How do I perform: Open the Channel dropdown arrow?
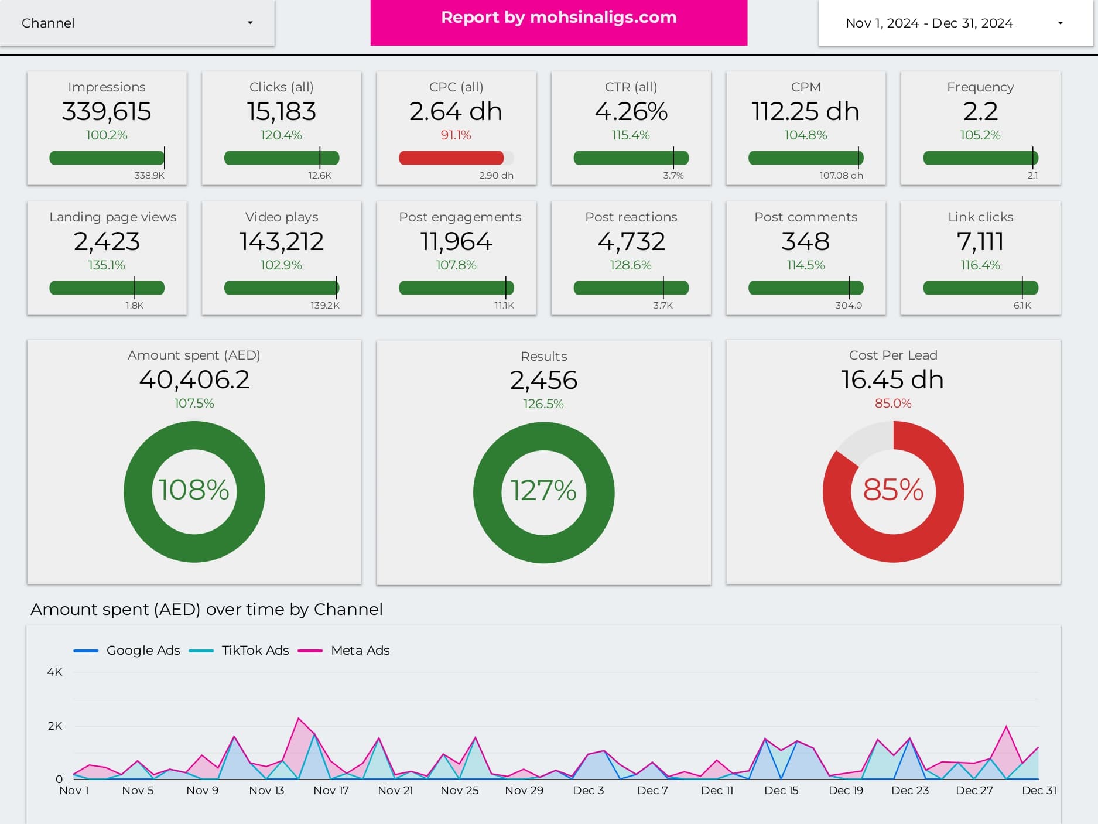click(250, 23)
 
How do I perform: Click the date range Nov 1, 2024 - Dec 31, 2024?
click(929, 23)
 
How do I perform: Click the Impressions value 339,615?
click(107, 111)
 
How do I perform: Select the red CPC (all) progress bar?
click(451, 158)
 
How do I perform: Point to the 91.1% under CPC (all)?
click(456, 135)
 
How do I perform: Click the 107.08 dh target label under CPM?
click(841, 176)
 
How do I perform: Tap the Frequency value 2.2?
click(980, 111)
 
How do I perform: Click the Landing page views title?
click(113, 217)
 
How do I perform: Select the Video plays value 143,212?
click(282, 241)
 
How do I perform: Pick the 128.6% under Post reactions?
click(631, 265)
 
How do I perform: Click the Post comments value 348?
click(805, 241)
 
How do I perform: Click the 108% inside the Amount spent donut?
click(194, 490)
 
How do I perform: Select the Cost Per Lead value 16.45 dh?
click(892, 380)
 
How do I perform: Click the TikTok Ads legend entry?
click(255, 651)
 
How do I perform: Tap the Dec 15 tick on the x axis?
click(781, 791)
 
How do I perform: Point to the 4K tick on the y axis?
click(54, 672)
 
